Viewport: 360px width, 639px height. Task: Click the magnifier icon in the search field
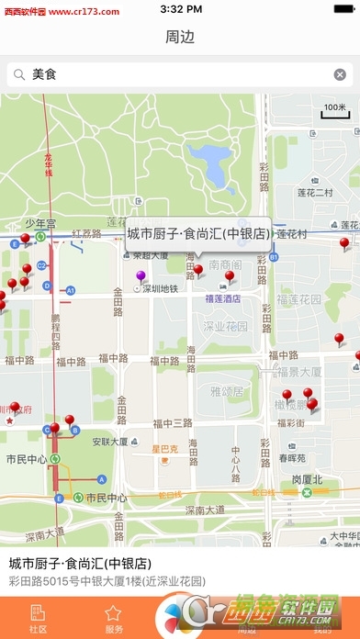pos(18,74)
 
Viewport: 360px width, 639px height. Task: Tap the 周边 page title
pos(180,38)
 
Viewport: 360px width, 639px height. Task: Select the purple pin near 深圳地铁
pos(141,277)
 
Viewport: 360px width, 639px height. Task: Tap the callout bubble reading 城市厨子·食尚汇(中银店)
pos(198,233)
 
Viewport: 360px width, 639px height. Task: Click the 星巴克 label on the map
pos(165,450)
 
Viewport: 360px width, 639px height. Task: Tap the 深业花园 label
pos(226,326)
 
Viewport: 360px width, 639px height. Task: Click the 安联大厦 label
pos(109,441)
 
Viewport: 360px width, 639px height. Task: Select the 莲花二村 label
pos(315,193)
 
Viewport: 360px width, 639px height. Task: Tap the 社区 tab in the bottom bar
pos(39,619)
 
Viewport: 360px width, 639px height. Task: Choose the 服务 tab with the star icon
pos(114,619)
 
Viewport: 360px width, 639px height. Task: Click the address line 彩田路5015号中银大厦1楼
pos(107,581)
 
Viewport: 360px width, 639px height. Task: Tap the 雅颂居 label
pos(225,391)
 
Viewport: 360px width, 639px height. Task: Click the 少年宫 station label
pos(40,223)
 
